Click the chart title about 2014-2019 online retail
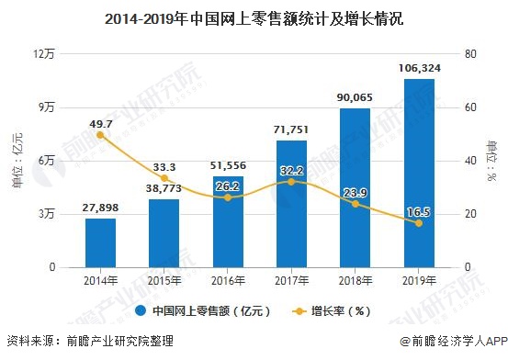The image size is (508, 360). point(254,17)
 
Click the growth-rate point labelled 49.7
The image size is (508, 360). point(101,135)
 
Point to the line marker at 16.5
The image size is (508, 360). point(419,223)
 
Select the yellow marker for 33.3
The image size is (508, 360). point(164,178)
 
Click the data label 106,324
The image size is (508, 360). point(419,67)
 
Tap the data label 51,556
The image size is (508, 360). point(228,163)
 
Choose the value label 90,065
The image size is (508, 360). point(356,96)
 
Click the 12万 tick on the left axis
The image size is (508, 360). point(44,54)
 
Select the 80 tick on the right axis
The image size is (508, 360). point(470,54)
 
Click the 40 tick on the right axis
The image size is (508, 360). point(470,161)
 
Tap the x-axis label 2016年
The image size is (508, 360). point(228,280)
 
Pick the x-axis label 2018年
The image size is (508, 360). point(356,280)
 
